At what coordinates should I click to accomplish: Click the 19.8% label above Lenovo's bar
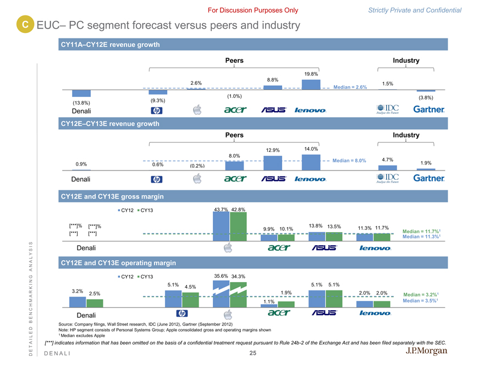click(x=311, y=74)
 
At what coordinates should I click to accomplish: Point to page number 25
click(x=252, y=353)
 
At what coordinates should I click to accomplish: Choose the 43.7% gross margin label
click(x=221, y=209)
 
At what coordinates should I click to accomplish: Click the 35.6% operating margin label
click(x=221, y=276)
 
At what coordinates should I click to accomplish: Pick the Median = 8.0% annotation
click(x=349, y=161)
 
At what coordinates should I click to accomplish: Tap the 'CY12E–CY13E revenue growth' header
click(x=109, y=124)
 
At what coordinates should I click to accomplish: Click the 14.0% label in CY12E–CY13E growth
click(x=311, y=148)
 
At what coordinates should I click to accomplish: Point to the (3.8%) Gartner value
click(x=426, y=98)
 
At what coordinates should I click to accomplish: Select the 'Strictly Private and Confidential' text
click(x=422, y=10)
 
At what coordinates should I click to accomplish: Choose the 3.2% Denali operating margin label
click(x=78, y=290)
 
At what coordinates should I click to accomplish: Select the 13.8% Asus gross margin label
click(x=316, y=226)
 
